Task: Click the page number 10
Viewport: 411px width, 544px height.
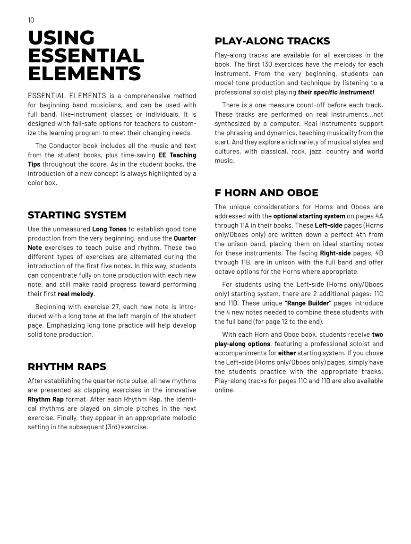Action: pyautogui.click(x=31, y=20)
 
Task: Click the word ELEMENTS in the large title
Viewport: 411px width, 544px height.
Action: pyautogui.click(x=84, y=74)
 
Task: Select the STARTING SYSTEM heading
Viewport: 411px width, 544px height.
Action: pyautogui.click(x=77, y=215)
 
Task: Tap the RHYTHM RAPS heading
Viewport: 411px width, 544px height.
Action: pyautogui.click(x=67, y=366)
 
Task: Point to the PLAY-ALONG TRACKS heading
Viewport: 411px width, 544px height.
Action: pyautogui.click(x=272, y=41)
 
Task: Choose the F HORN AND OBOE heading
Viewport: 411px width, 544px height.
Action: pyautogui.click(x=266, y=193)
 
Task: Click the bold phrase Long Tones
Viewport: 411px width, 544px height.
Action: pyautogui.click(x=109, y=229)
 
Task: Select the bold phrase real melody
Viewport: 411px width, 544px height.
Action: pyautogui.click(x=76, y=294)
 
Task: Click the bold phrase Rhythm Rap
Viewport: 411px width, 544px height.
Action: pyautogui.click(x=45, y=399)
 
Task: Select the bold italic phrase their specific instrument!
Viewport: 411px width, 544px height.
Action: pyautogui.click(x=336, y=92)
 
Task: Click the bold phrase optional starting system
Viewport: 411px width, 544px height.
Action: pyautogui.click(x=309, y=216)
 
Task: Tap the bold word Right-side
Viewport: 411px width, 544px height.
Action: pyautogui.click(x=335, y=253)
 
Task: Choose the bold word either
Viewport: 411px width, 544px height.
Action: pyautogui.click(x=287, y=353)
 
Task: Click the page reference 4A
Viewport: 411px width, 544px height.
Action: pyautogui.click(x=378, y=216)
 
